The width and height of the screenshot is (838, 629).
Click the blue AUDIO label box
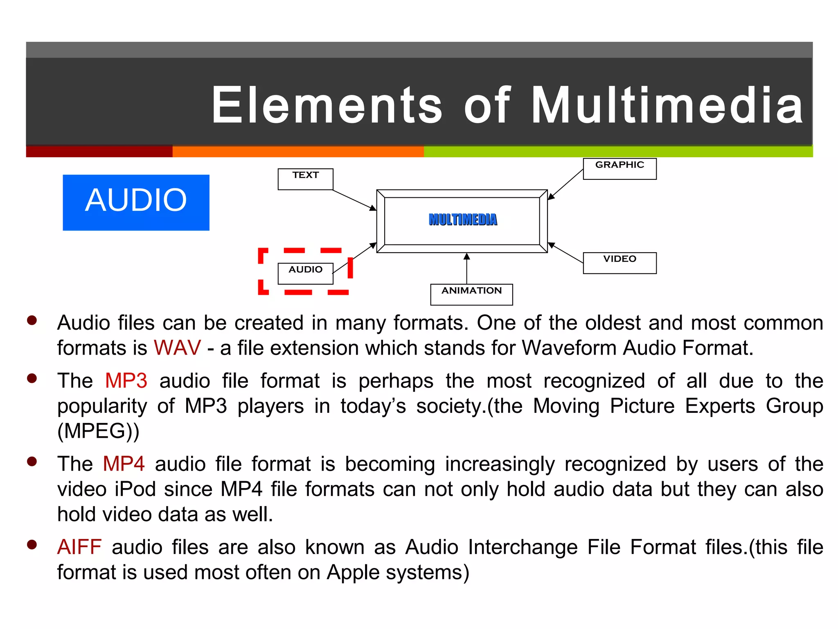[136, 202]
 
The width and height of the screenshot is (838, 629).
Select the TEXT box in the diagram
[305, 179]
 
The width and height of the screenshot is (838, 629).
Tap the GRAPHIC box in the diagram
[619, 168]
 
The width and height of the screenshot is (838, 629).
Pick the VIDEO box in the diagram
[619, 262]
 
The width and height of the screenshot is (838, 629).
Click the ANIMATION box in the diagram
[471, 294]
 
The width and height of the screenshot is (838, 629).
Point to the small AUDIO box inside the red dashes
[305, 273]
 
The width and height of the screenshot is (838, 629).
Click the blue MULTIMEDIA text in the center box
[463, 220]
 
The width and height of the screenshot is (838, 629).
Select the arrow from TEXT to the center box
[354, 200]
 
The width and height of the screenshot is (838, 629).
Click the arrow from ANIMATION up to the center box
[466, 269]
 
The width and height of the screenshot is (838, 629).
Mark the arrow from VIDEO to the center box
[565, 253]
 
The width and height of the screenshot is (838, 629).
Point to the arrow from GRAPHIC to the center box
[565, 185]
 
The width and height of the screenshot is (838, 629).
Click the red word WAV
[177, 348]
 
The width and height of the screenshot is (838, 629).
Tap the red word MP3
[126, 381]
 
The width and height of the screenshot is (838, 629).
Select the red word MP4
[124, 464]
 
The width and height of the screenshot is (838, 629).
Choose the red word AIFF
[79, 547]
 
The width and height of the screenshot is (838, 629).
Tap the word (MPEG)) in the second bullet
[98, 431]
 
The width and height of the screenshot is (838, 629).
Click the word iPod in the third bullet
[135, 489]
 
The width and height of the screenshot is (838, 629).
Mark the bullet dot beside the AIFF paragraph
[32, 545]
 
